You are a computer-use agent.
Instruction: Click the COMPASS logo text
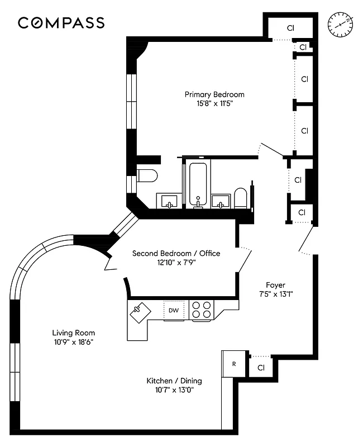click(x=61, y=23)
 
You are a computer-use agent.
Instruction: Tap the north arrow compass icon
click(x=340, y=24)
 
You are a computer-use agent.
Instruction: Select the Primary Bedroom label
click(x=214, y=94)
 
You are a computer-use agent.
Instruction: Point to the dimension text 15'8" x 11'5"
click(x=214, y=103)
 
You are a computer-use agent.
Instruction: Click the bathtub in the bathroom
click(x=198, y=184)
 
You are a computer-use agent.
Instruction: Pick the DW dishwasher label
click(x=174, y=310)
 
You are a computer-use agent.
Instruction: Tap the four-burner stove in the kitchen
click(x=202, y=310)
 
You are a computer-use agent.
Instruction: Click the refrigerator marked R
click(x=234, y=364)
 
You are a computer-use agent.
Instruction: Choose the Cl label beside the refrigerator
click(x=260, y=367)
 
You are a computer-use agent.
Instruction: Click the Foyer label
click(x=275, y=285)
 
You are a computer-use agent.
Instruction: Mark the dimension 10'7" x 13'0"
click(x=174, y=390)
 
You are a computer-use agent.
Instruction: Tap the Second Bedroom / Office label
click(x=176, y=253)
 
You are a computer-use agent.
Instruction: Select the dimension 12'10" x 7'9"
click(x=176, y=262)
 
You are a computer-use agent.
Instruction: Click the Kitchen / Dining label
click(x=174, y=381)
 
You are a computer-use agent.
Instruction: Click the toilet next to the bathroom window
click(x=148, y=176)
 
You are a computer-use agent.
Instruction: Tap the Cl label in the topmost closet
click(x=290, y=27)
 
